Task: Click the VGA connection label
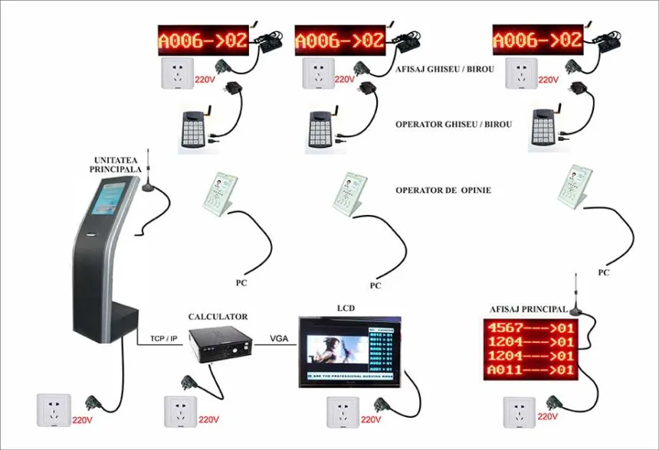tap(279, 338)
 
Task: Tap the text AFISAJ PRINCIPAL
tap(529, 309)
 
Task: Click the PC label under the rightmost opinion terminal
tap(604, 272)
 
